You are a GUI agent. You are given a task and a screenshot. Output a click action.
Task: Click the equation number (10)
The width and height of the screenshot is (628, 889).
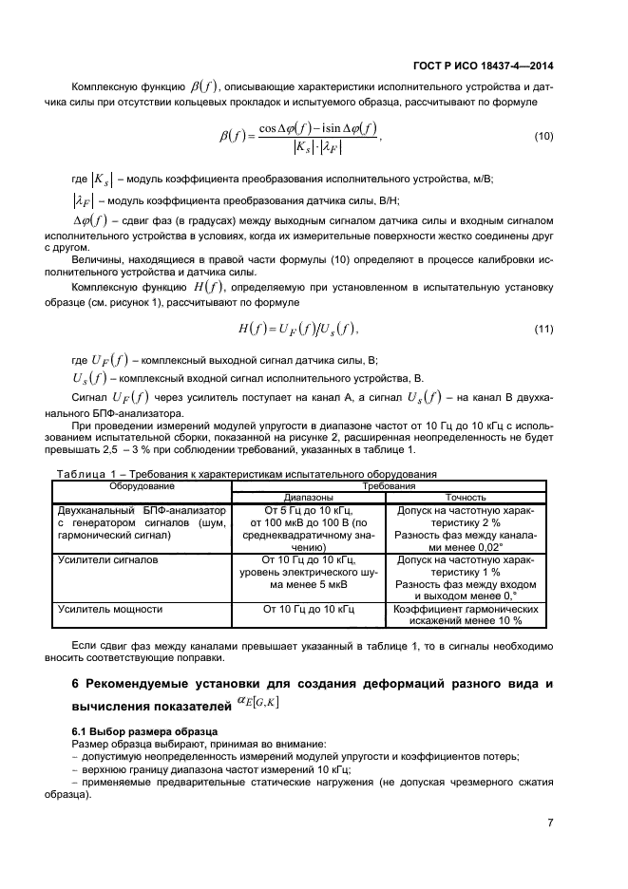543,137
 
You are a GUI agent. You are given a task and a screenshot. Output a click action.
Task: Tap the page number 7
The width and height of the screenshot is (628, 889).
550,823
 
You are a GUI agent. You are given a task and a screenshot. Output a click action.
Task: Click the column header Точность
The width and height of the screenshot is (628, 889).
466,497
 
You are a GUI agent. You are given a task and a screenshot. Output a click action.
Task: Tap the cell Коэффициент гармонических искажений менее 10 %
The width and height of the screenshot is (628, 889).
466,614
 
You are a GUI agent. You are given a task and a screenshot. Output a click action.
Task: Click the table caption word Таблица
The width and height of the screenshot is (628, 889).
86,473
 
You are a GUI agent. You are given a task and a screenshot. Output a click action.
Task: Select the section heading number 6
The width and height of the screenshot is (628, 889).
77,685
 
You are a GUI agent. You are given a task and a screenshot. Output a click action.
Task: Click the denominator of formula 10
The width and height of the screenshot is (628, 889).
318,147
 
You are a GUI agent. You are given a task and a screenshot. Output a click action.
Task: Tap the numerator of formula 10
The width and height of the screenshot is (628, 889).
318,127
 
